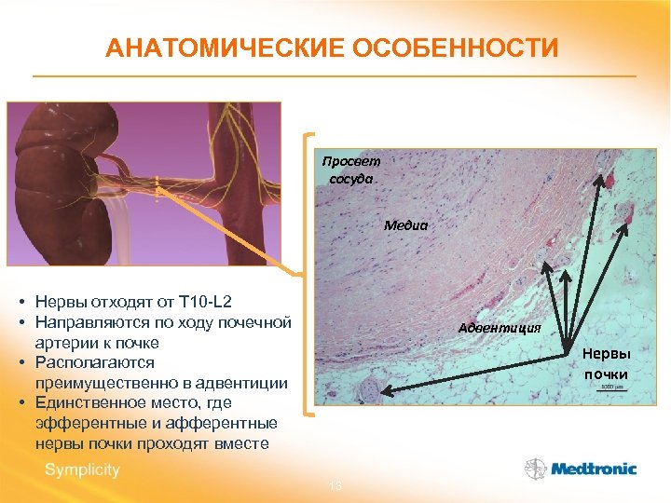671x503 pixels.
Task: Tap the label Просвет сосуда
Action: point(350,170)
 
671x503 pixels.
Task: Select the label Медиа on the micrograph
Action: point(405,224)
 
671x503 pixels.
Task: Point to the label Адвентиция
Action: point(500,328)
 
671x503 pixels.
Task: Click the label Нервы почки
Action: point(607,364)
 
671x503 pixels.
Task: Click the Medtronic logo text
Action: point(593,469)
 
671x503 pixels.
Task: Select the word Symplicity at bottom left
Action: point(82,469)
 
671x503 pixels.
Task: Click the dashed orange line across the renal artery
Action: point(157,186)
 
